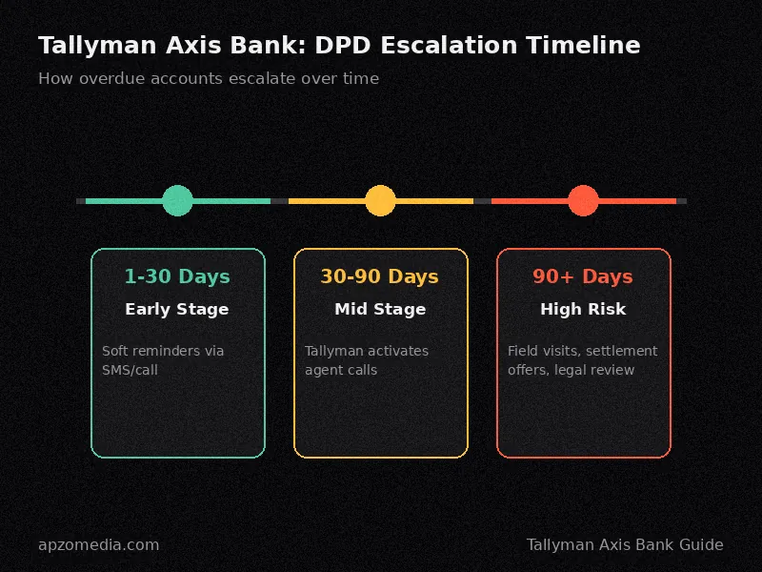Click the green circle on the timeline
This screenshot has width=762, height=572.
coord(177,200)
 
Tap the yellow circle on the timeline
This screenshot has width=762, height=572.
coord(380,200)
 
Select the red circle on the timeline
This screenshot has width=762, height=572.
coord(583,200)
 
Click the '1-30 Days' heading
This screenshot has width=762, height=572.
coord(177,276)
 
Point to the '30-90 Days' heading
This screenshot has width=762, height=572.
coord(379,276)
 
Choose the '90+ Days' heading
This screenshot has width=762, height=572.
coord(583,276)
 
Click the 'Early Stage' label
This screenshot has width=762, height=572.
coord(177,309)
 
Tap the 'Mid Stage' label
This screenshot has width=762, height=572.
coord(380,309)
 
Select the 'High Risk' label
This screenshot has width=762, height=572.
coord(583,309)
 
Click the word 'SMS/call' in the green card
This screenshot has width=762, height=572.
coord(130,370)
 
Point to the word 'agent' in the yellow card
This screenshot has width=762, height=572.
coord(321,371)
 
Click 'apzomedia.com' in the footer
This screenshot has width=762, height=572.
coord(99,544)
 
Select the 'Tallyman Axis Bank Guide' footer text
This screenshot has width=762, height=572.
coord(625,544)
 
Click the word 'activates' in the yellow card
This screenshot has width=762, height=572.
coord(398,351)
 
